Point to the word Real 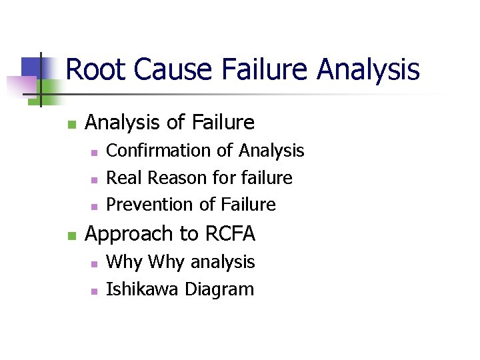coord(125,178)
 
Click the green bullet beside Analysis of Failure coord(71,124)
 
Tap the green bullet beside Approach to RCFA coord(71,235)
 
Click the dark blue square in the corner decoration coord(31,67)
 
